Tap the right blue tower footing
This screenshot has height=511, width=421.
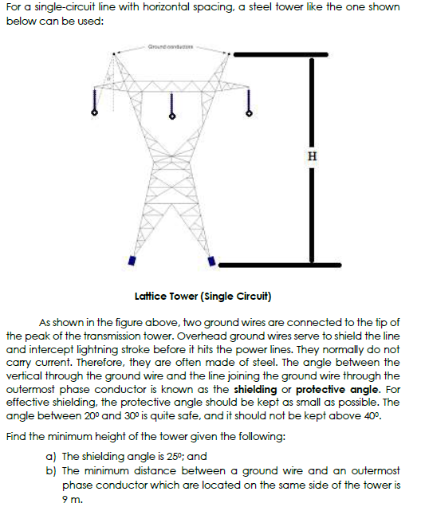click(213, 260)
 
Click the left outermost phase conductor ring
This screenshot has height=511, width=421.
click(93, 114)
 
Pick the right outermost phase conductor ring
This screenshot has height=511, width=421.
click(248, 114)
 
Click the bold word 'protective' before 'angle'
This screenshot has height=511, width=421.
click(321, 389)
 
